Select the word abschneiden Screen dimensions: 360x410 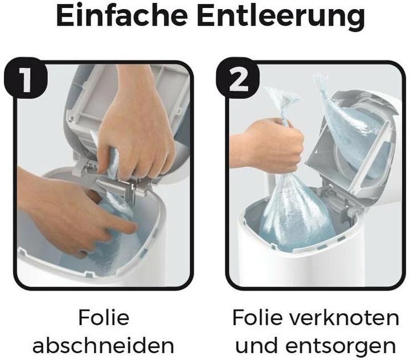pos(104,344)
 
